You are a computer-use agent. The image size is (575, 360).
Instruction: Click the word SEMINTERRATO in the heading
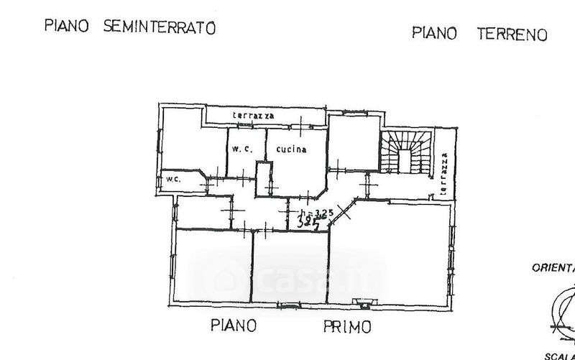[x=160, y=28]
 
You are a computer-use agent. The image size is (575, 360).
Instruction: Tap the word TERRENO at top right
[x=512, y=33]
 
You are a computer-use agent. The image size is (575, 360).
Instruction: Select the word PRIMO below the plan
[x=347, y=327]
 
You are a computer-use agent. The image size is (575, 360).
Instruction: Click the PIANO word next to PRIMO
[x=234, y=326]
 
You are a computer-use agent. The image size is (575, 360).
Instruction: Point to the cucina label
[x=291, y=150]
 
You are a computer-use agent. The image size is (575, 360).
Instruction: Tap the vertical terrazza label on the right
[x=445, y=170]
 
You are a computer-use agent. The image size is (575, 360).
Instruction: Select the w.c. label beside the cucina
[x=240, y=149]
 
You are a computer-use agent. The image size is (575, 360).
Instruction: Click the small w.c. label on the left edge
[x=172, y=179]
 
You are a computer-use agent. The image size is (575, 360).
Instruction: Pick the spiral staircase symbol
[x=407, y=152]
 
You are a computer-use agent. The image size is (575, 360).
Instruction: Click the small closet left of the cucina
[x=265, y=178]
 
